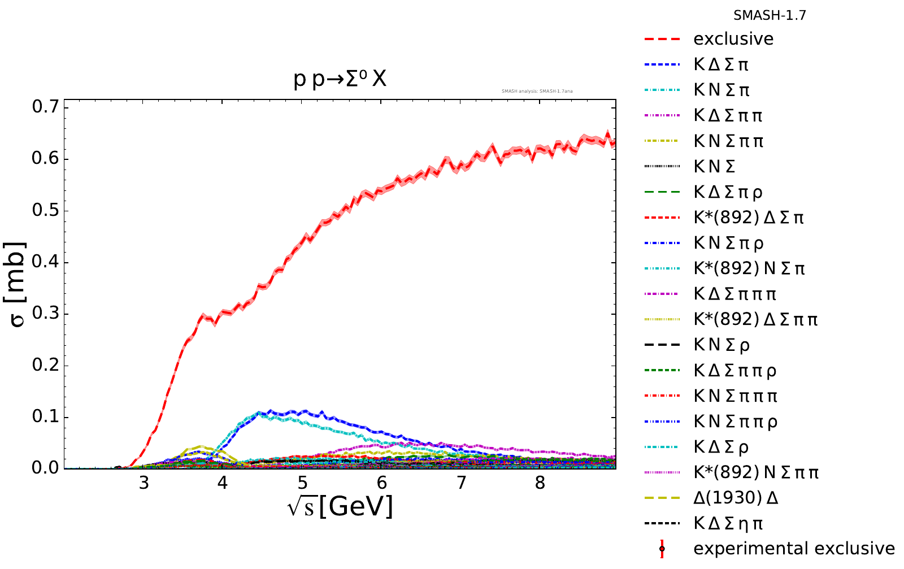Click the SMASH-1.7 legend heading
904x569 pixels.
(770, 16)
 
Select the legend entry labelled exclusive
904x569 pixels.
(733, 39)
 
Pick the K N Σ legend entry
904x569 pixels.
(714, 167)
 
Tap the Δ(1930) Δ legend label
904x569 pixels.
(736, 498)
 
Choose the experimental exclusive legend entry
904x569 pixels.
(794, 549)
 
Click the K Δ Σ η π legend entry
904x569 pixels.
(728, 524)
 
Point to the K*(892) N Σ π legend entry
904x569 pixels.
(749, 268)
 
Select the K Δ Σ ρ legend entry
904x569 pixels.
(721, 448)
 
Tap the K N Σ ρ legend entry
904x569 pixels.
(722, 345)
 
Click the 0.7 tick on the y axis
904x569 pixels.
(46, 107)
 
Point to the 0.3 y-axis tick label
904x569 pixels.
(46, 314)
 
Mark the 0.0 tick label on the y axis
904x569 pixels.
(46, 468)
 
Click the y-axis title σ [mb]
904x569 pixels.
(18, 284)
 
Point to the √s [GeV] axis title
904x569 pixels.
(340, 506)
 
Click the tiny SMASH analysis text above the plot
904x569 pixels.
(537, 91)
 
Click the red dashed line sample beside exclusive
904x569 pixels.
(662, 39)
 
